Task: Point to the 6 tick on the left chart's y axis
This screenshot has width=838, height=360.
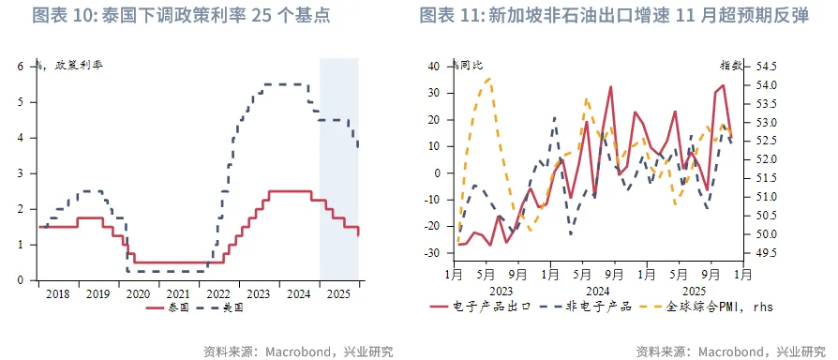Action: click(20, 67)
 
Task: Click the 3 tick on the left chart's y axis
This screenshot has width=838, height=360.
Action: click(20, 173)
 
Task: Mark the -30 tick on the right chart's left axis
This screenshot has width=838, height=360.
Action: click(434, 253)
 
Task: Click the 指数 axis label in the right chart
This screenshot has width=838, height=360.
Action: click(731, 66)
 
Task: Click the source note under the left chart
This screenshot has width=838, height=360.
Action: click(298, 352)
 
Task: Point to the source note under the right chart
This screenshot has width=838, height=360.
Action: click(730, 352)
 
